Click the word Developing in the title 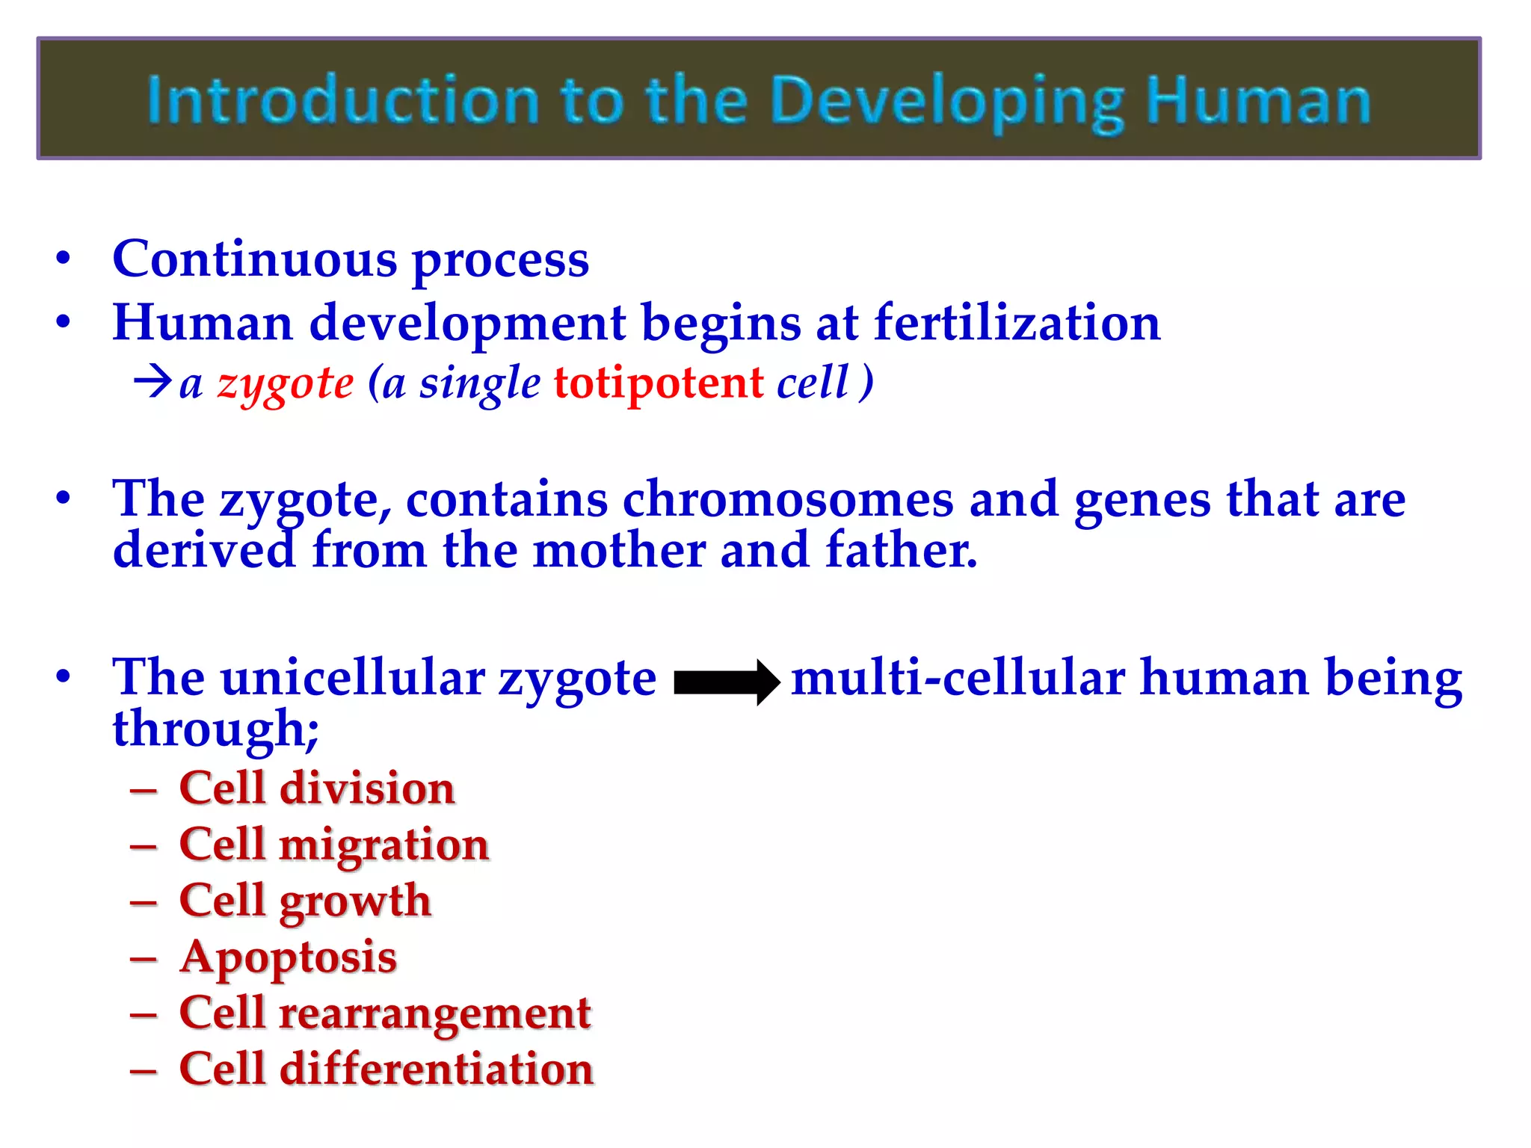[x=946, y=102]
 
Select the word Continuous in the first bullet [x=254, y=259]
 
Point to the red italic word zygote [x=285, y=384]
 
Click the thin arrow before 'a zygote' [x=153, y=382]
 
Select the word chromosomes [x=788, y=499]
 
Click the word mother [x=618, y=551]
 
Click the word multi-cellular [x=958, y=678]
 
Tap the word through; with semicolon [x=215, y=729]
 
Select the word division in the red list [x=367, y=789]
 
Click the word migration [x=384, y=845]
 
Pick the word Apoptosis [x=288, y=957]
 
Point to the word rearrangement [x=435, y=1013]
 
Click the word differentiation [x=437, y=1069]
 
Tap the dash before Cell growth [x=144, y=902]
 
